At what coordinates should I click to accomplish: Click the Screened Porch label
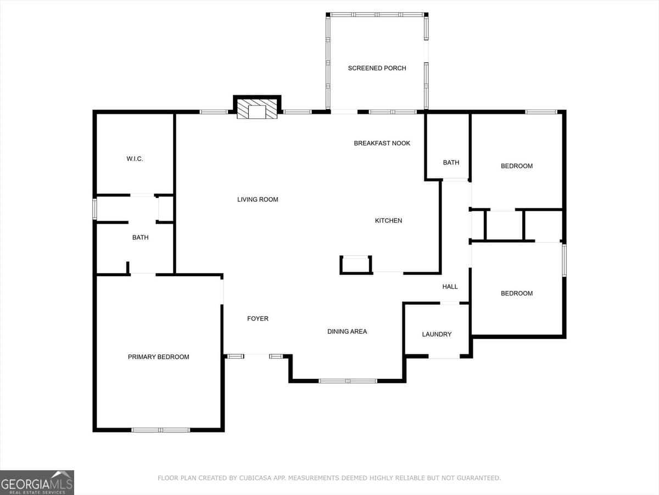click(377, 68)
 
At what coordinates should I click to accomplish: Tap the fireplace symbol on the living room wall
click(257, 109)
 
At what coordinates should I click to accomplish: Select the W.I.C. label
click(135, 159)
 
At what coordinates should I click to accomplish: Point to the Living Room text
click(258, 200)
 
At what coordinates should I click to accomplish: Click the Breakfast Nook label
click(382, 144)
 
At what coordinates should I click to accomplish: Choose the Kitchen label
click(388, 221)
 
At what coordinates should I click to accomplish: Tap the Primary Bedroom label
click(158, 357)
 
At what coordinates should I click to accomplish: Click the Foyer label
click(258, 319)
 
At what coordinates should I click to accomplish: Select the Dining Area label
click(347, 332)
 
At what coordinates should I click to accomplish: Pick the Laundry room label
click(437, 334)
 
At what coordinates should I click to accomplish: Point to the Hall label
click(450, 287)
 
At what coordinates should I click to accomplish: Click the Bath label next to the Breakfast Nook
click(451, 163)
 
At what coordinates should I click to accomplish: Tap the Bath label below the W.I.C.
click(140, 238)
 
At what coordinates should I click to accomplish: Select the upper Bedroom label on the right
click(516, 166)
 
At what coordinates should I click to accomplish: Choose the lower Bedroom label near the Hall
click(516, 294)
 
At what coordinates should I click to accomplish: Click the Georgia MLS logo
click(37, 482)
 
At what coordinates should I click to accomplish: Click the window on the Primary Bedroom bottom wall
click(160, 430)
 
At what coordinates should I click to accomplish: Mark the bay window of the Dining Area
click(348, 381)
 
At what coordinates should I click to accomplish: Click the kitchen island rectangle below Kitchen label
click(356, 265)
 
